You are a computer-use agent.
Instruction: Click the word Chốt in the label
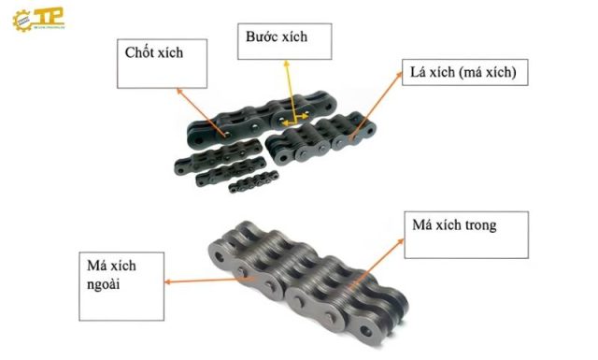pyautogui.click(x=140, y=53)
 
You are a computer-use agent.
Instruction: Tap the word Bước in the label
pyautogui.click(x=263, y=38)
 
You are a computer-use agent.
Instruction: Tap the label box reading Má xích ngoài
pyautogui.click(x=117, y=270)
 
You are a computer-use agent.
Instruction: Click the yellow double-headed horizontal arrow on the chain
pyautogui.click(x=297, y=121)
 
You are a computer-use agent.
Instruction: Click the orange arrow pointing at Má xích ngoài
pyautogui.click(x=206, y=275)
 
